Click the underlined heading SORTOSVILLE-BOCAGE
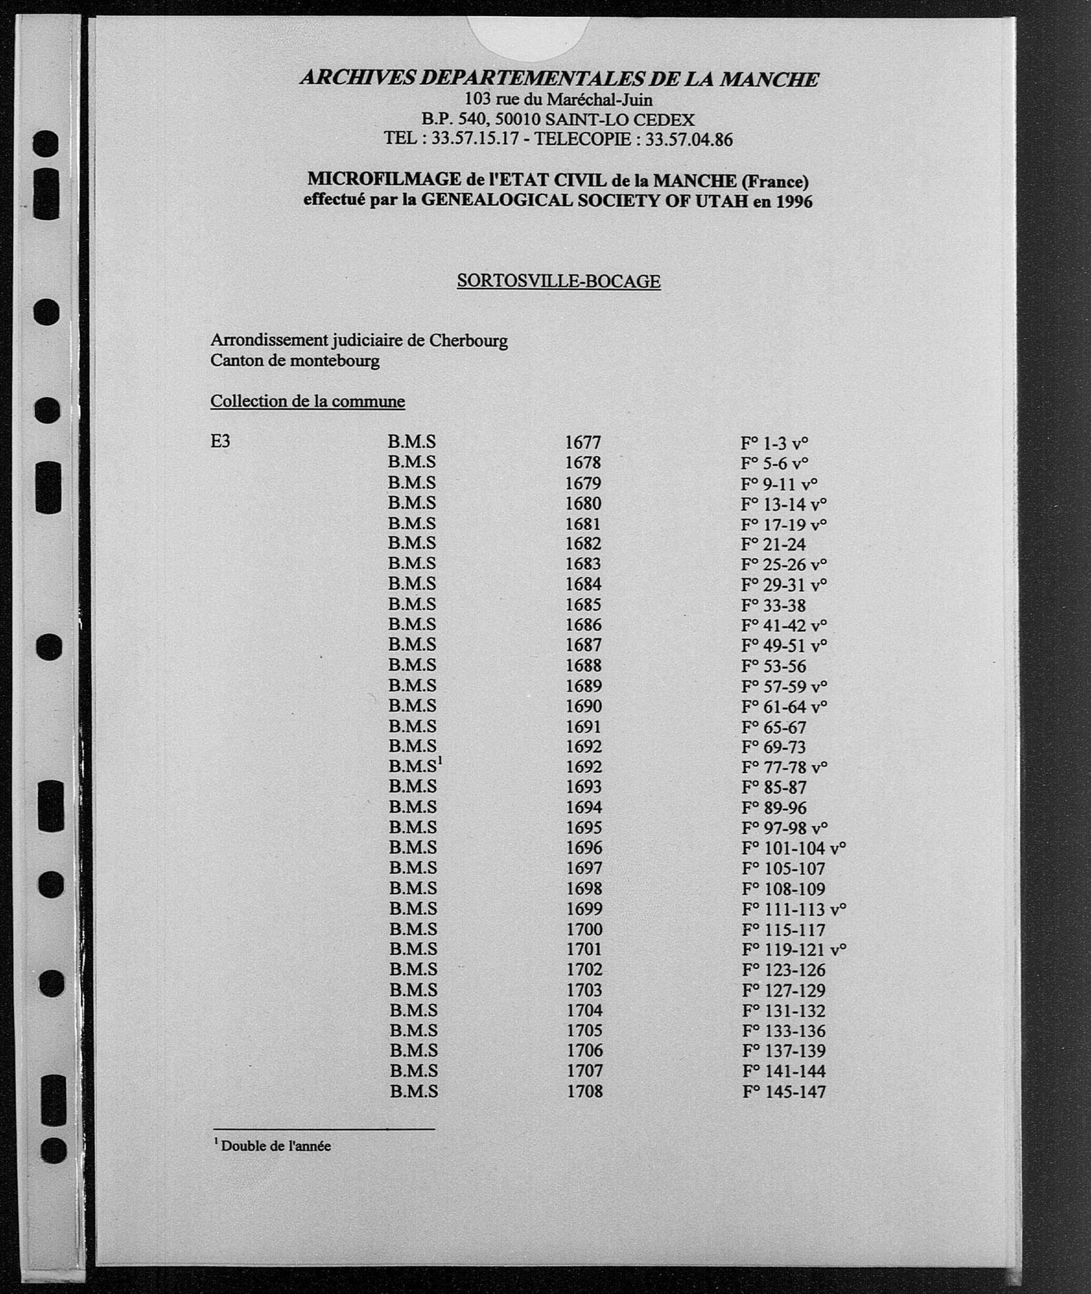point(558,281)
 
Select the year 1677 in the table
point(583,443)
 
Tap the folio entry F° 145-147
point(784,1092)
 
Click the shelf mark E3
point(220,443)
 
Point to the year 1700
point(584,929)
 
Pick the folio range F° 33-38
point(773,605)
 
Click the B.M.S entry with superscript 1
point(415,766)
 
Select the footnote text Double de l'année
point(276,1146)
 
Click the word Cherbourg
point(470,340)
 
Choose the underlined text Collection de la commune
point(307,401)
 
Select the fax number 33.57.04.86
point(689,139)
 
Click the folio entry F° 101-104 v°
point(793,848)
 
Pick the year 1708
point(585,1091)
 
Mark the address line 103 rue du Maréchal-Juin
point(558,100)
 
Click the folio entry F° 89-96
point(774,807)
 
